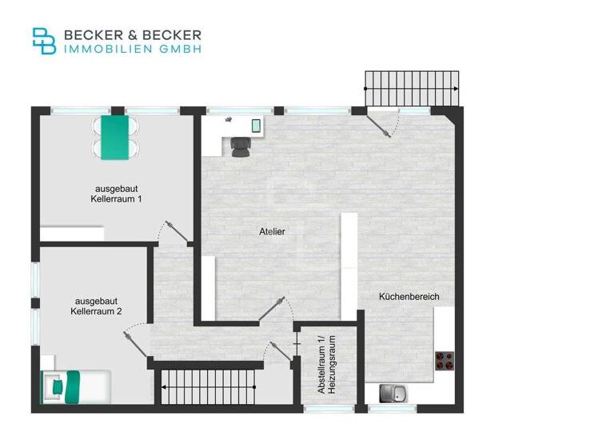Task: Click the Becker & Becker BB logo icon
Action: coord(44,41)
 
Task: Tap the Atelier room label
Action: coord(272,231)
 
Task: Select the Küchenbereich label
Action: coord(409,297)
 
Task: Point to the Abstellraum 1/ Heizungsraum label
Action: coord(326,364)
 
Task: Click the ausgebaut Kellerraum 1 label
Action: coord(117,193)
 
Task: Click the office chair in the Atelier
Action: coord(239,146)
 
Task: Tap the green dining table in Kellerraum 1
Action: coord(116,137)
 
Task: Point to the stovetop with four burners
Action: coord(445,362)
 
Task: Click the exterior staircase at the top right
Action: coord(413,88)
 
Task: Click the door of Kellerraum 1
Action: coord(174,231)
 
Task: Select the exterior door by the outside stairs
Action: coord(385,124)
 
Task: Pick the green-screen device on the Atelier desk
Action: coord(257,126)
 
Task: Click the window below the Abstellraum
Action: coord(329,409)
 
